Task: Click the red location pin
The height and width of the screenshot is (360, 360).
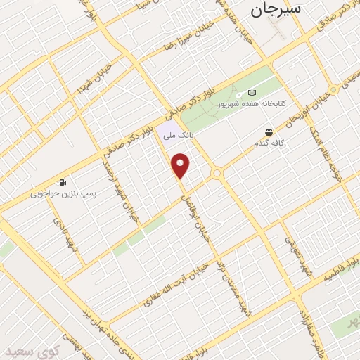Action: point(181,165)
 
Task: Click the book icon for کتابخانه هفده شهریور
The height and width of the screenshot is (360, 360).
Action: point(252,93)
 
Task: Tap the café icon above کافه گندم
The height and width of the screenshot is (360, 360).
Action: point(269,132)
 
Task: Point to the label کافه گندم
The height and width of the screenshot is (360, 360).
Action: point(270,143)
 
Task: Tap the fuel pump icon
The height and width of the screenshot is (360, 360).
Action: point(63,181)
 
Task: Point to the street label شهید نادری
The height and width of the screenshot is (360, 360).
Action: point(63,235)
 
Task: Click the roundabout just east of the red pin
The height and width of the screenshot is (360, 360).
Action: point(217,173)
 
